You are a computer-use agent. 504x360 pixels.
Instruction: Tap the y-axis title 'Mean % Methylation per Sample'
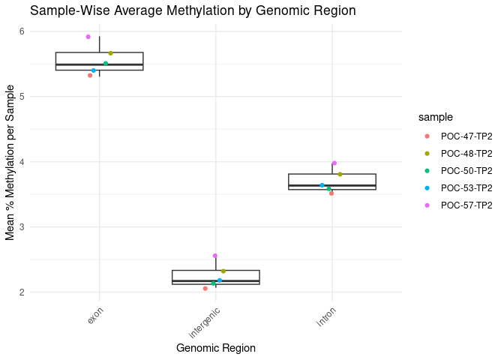pos(10,160)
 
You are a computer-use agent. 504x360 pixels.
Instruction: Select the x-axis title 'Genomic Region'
pos(216,348)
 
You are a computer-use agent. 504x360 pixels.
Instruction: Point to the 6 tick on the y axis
pos(22,31)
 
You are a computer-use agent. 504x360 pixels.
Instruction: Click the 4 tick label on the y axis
pos(22,162)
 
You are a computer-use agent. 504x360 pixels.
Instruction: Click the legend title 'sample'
pos(435,116)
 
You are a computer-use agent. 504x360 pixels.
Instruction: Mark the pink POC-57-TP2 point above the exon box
pos(88,37)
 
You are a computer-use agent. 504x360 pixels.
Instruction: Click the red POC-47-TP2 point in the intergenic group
pos(205,289)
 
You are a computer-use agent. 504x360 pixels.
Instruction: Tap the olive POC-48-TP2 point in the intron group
pos(340,174)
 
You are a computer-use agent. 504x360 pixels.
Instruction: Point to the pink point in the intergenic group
pos(214,256)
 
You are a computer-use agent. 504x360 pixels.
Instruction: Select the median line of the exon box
pos(99,65)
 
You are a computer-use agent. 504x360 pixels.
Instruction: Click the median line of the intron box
pos(332,185)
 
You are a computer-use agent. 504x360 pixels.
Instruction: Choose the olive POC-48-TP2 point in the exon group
pos(110,53)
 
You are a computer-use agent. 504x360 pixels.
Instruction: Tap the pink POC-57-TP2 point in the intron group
pos(334,163)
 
